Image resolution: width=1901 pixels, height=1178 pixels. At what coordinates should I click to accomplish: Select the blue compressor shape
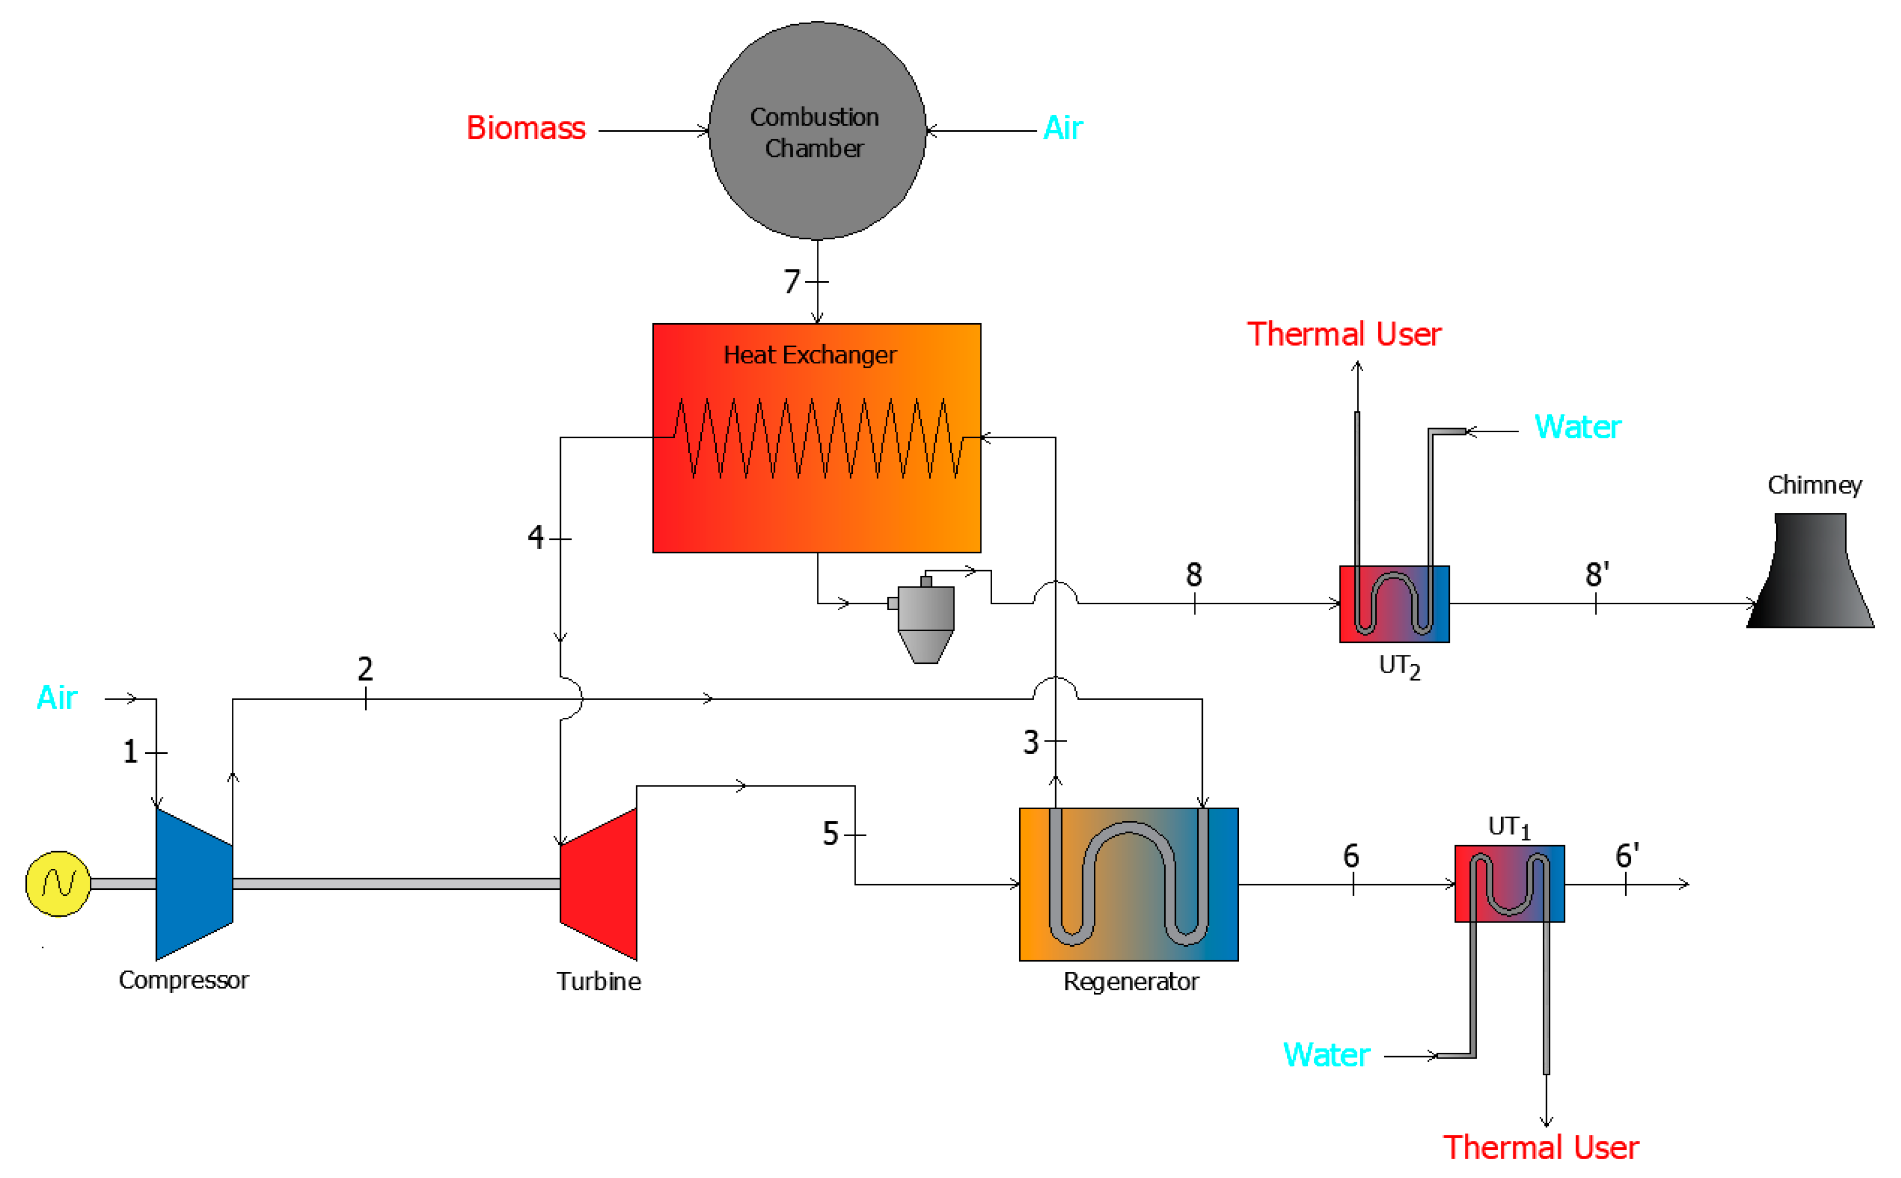tap(194, 883)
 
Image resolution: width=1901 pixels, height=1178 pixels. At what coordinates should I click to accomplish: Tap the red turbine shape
tap(599, 883)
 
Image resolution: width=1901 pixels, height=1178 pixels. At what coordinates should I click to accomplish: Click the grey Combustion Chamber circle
tap(817, 131)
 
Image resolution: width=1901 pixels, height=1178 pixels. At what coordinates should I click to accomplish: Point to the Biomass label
tap(526, 128)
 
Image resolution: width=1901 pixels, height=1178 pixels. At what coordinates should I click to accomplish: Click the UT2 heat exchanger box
tap(1394, 604)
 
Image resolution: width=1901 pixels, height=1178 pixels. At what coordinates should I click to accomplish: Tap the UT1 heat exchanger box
tap(1509, 883)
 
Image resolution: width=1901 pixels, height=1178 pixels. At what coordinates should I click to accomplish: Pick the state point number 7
tap(792, 281)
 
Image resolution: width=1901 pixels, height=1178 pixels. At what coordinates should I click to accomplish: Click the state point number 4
tap(535, 537)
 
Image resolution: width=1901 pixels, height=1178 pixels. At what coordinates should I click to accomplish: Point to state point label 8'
tap(1597, 574)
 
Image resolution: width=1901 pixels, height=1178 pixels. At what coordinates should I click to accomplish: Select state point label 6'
tap(1627, 855)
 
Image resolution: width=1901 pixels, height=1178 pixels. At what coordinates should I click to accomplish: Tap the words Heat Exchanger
tap(810, 355)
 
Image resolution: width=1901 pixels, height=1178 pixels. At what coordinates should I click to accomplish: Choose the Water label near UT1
tap(1326, 1055)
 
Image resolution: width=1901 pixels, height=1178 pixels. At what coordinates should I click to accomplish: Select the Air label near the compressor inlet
tap(57, 698)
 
